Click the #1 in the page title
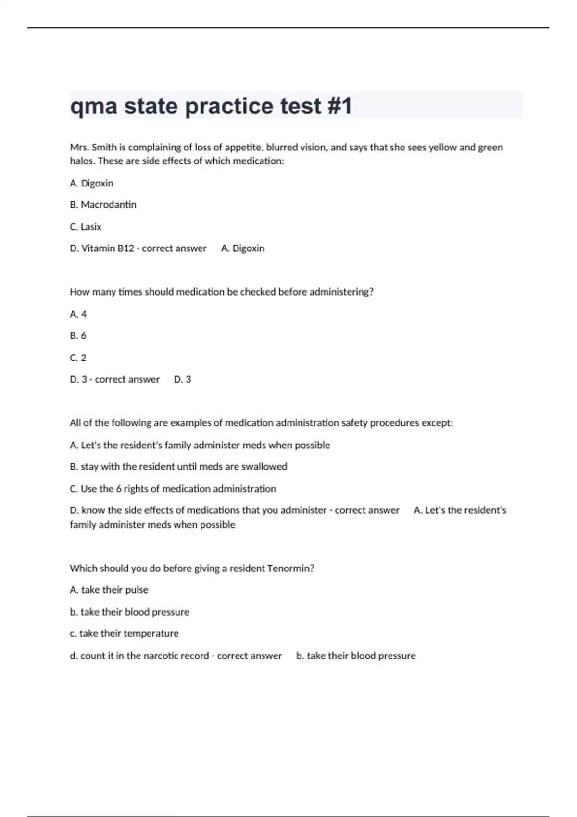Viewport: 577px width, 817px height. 339,106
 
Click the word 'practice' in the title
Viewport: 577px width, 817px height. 229,106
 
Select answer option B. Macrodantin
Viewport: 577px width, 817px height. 103,205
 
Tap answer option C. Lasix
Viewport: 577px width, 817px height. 86,227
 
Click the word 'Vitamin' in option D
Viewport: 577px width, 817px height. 98,248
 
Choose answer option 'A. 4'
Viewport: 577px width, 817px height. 78,314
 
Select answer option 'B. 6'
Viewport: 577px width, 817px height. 78,336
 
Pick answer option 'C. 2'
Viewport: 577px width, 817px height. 78,358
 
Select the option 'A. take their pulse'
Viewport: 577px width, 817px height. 109,590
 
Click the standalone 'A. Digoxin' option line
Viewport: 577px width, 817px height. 91,183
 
